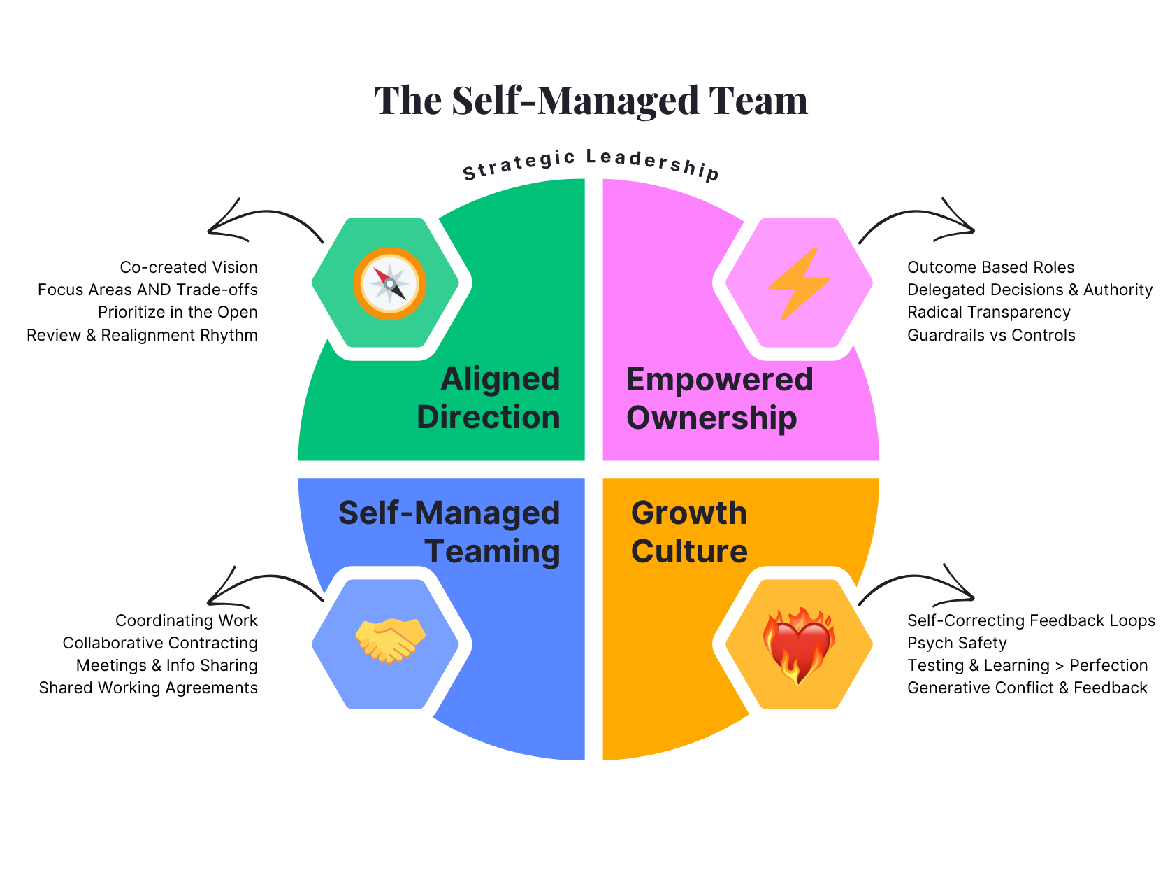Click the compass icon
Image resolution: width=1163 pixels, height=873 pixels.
(x=389, y=283)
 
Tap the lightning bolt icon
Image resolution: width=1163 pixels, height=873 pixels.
(x=798, y=283)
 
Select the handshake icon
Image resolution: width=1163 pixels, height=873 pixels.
(x=390, y=640)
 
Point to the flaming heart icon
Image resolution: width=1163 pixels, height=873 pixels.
(x=799, y=644)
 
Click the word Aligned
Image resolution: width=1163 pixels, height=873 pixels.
(x=500, y=380)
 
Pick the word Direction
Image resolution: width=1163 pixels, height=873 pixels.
(x=489, y=418)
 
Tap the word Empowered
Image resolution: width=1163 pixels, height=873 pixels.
(x=719, y=380)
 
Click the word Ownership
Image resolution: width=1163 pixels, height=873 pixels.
(x=711, y=418)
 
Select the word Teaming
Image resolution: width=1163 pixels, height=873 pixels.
(x=492, y=552)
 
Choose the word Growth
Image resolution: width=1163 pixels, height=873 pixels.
(x=689, y=513)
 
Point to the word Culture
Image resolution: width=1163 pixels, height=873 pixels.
(x=689, y=552)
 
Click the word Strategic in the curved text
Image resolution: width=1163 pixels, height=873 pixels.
(x=519, y=164)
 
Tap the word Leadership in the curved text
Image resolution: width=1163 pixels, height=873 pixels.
(x=653, y=164)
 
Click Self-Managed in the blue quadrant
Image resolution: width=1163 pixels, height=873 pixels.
(x=449, y=513)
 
